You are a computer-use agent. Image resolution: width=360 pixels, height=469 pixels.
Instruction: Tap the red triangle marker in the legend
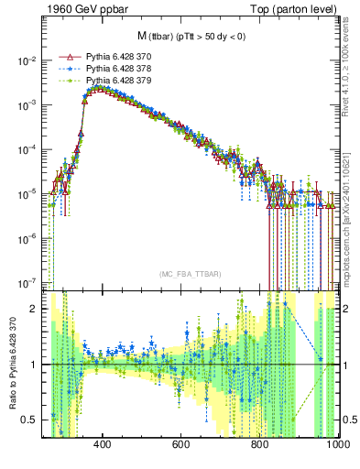(64, 57)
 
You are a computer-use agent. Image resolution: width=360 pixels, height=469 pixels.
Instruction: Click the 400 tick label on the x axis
(102, 443)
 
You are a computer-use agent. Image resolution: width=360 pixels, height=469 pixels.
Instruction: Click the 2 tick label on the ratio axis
(35, 309)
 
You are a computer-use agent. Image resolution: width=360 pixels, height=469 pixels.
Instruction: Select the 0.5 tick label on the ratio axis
(31, 420)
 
